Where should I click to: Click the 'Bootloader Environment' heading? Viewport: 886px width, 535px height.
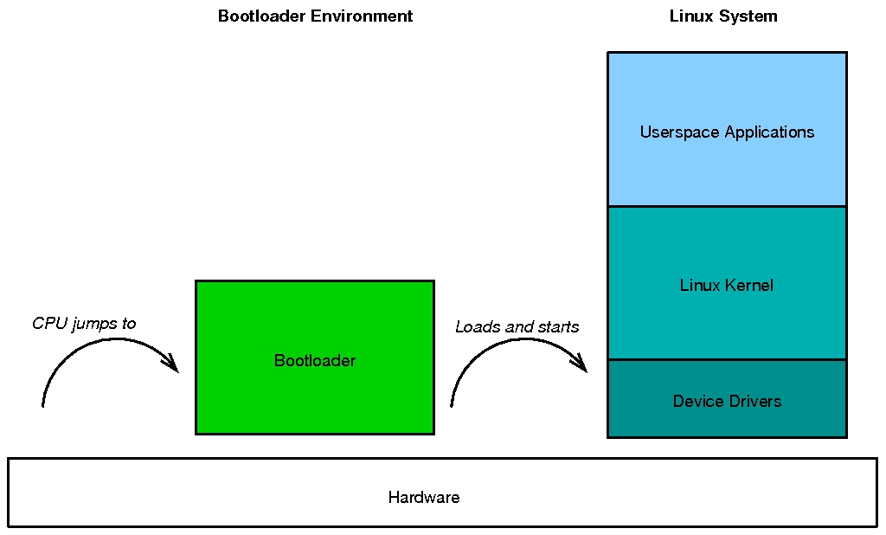click(x=315, y=16)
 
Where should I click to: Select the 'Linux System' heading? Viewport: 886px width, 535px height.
click(x=723, y=16)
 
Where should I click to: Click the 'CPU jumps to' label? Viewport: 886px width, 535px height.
click(x=84, y=324)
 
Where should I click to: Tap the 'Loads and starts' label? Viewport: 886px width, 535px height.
click(x=517, y=327)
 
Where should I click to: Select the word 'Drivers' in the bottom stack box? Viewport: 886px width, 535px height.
click(x=757, y=402)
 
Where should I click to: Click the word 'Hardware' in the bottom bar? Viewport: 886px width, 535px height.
click(x=424, y=498)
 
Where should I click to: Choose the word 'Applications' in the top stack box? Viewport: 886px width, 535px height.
click(x=769, y=132)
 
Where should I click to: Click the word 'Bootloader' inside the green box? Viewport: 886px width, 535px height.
click(x=315, y=361)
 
